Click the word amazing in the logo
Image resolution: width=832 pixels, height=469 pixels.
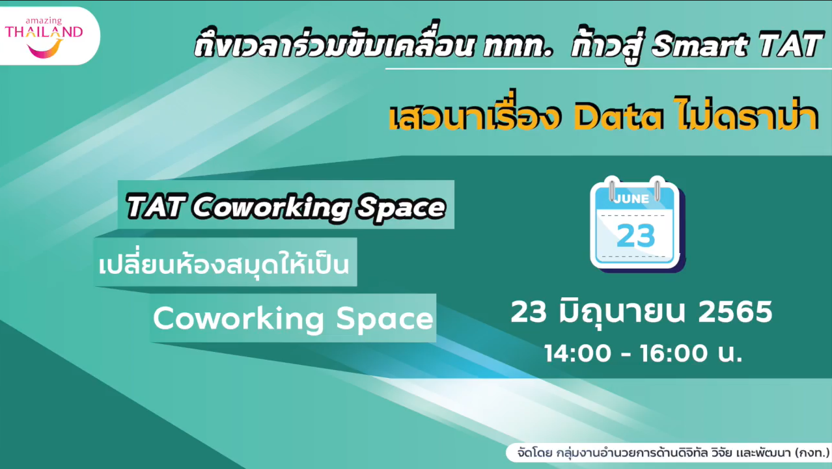click(x=44, y=21)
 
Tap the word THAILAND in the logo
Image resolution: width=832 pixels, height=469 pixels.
click(x=44, y=33)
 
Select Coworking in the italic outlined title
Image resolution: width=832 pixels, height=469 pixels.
click(x=270, y=208)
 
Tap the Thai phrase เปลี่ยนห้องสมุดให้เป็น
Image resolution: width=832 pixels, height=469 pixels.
click(x=223, y=263)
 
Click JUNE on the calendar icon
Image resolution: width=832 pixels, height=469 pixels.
click(x=631, y=199)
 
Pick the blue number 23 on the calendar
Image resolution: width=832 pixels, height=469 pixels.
click(x=635, y=235)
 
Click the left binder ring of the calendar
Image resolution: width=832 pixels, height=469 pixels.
click(x=611, y=189)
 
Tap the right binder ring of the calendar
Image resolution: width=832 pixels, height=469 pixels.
click(x=657, y=189)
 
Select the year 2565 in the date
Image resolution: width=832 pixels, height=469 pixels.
click(x=736, y=312)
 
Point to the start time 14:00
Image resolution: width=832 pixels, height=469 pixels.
click(x=577, y=353)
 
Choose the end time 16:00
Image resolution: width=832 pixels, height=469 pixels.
click(x=674, y=353)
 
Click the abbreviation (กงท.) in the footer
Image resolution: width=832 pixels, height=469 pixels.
click(x=812, y=453)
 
